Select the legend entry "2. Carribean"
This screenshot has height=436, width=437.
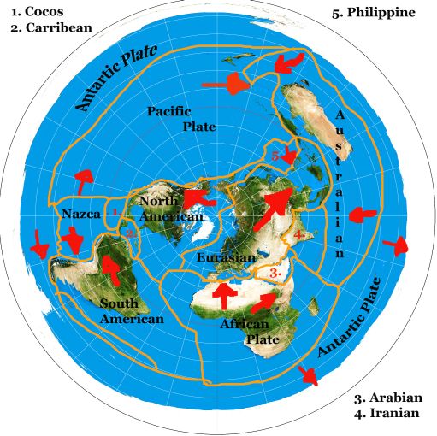[x=50, y=27]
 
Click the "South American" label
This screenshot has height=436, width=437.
[x=131, y=310]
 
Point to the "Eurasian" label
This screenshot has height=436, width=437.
[x=225, y=256]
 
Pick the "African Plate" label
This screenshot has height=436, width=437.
[x=247, y=332]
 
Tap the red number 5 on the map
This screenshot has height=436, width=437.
[x=275, y=156]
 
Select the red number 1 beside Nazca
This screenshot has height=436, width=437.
[x=114, y=210]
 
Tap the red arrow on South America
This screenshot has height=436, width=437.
[x=109, y=269]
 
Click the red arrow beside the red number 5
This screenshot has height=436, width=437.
[x=289, y=156]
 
